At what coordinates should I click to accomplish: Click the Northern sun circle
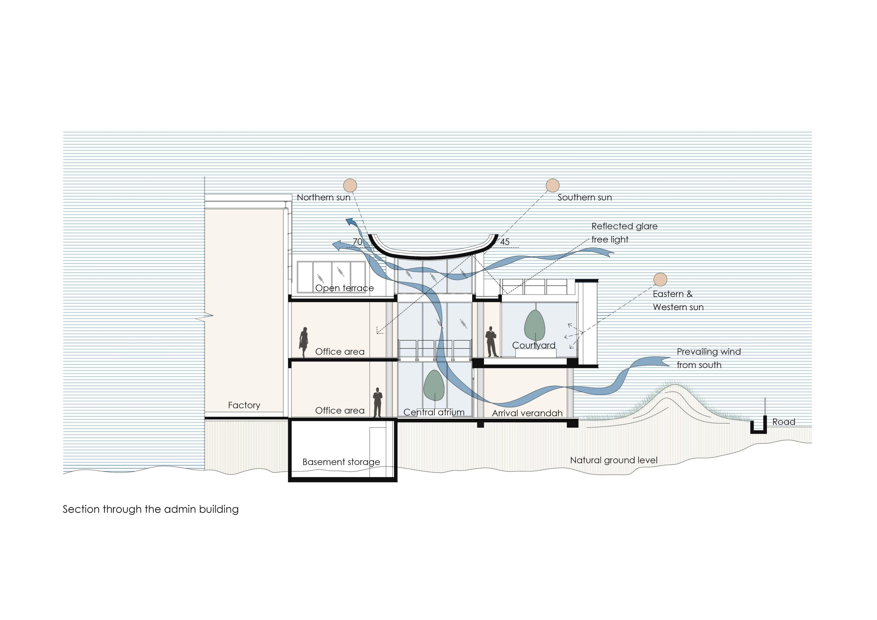coord(350,185)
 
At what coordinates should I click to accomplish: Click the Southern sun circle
coord(552,185)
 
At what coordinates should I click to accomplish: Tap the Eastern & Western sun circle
coord(660,279)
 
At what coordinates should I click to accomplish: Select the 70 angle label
coord(358,242)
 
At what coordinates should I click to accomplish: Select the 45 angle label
coord(505,242)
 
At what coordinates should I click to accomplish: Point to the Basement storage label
coord(341,462)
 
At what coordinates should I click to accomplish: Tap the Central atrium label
coord(434,412)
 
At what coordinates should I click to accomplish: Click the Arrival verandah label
coord(527,413)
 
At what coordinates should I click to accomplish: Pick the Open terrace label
coord(344,288)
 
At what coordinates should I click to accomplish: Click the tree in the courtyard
coord(534,325)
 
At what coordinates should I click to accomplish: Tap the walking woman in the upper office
coord(304,342)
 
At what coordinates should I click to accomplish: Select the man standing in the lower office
coord(377,402)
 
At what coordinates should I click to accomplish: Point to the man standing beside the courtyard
coord(491,342)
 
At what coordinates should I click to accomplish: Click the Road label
coord(784,422)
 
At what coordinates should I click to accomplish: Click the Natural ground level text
coord(614,460)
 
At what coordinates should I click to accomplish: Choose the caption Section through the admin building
coord(150,509)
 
